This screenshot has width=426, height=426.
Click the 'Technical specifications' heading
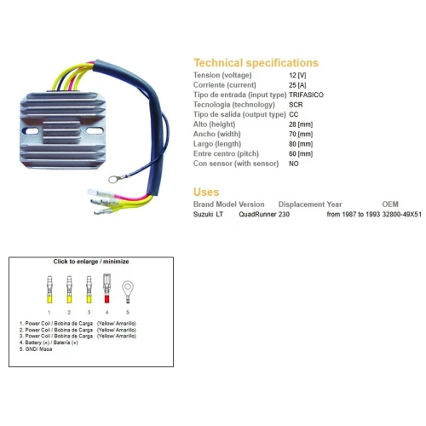point(256,63)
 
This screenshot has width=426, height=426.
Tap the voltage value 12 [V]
point(297,75)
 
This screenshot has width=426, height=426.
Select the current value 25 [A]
point(297,85)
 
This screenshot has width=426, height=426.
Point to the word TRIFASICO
point(306,95)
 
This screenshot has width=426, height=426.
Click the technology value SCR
point(296,105)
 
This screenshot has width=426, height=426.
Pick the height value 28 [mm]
point(301,124)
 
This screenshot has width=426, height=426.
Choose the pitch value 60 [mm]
point(301,154)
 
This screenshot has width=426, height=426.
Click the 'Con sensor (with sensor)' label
point(236,164)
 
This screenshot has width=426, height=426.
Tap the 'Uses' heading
point(206,192)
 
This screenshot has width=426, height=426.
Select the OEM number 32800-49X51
point(401,214)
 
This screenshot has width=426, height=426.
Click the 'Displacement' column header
point(302,204)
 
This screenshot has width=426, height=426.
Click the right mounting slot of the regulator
point(95,131)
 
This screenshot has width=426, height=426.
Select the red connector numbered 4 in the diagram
point(106,289)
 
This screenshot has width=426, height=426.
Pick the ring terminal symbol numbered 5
point(128,292)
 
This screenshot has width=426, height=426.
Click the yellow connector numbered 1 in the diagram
point(49,290)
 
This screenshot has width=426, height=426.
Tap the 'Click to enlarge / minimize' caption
point(91,262)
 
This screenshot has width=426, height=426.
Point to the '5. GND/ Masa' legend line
point(36,349)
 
